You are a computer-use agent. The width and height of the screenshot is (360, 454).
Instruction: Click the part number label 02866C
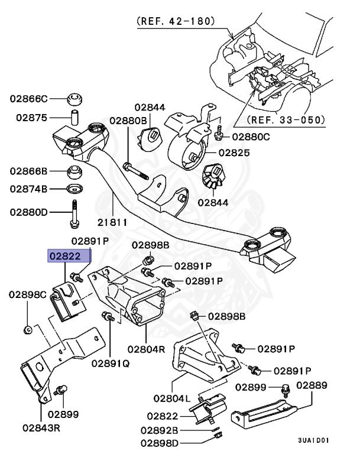click(x=28, y=98)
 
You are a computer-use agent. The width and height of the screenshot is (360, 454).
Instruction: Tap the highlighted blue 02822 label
click(x=70, y=256)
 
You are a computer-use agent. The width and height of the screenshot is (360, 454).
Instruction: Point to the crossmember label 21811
click(x=113, y=222)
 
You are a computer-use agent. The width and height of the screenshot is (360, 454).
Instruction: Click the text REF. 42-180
click(x=176, y=21)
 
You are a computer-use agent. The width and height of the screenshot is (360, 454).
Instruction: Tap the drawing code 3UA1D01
click(x=313, y=440)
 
